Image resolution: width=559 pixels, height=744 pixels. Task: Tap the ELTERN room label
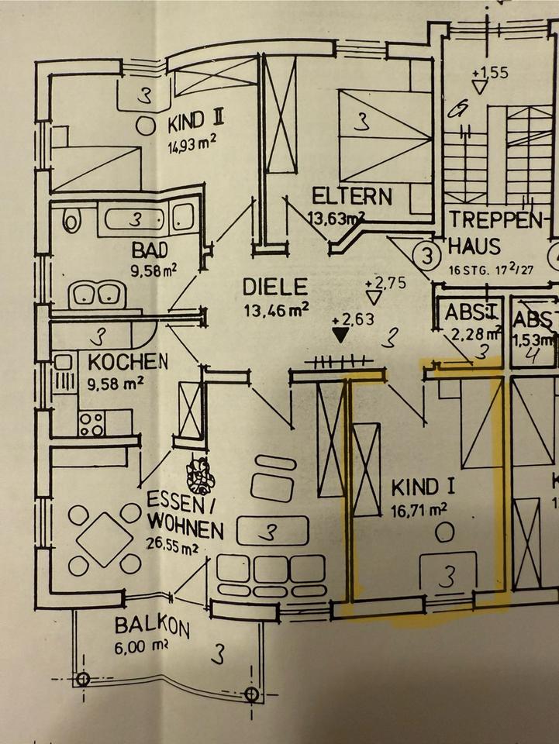351,195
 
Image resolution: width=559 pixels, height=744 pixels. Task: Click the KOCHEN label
128,361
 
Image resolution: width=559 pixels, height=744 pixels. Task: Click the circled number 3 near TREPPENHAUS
426,253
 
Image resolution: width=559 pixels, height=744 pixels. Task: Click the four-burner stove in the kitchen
91,423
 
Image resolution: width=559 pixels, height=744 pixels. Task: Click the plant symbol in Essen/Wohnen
201,475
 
